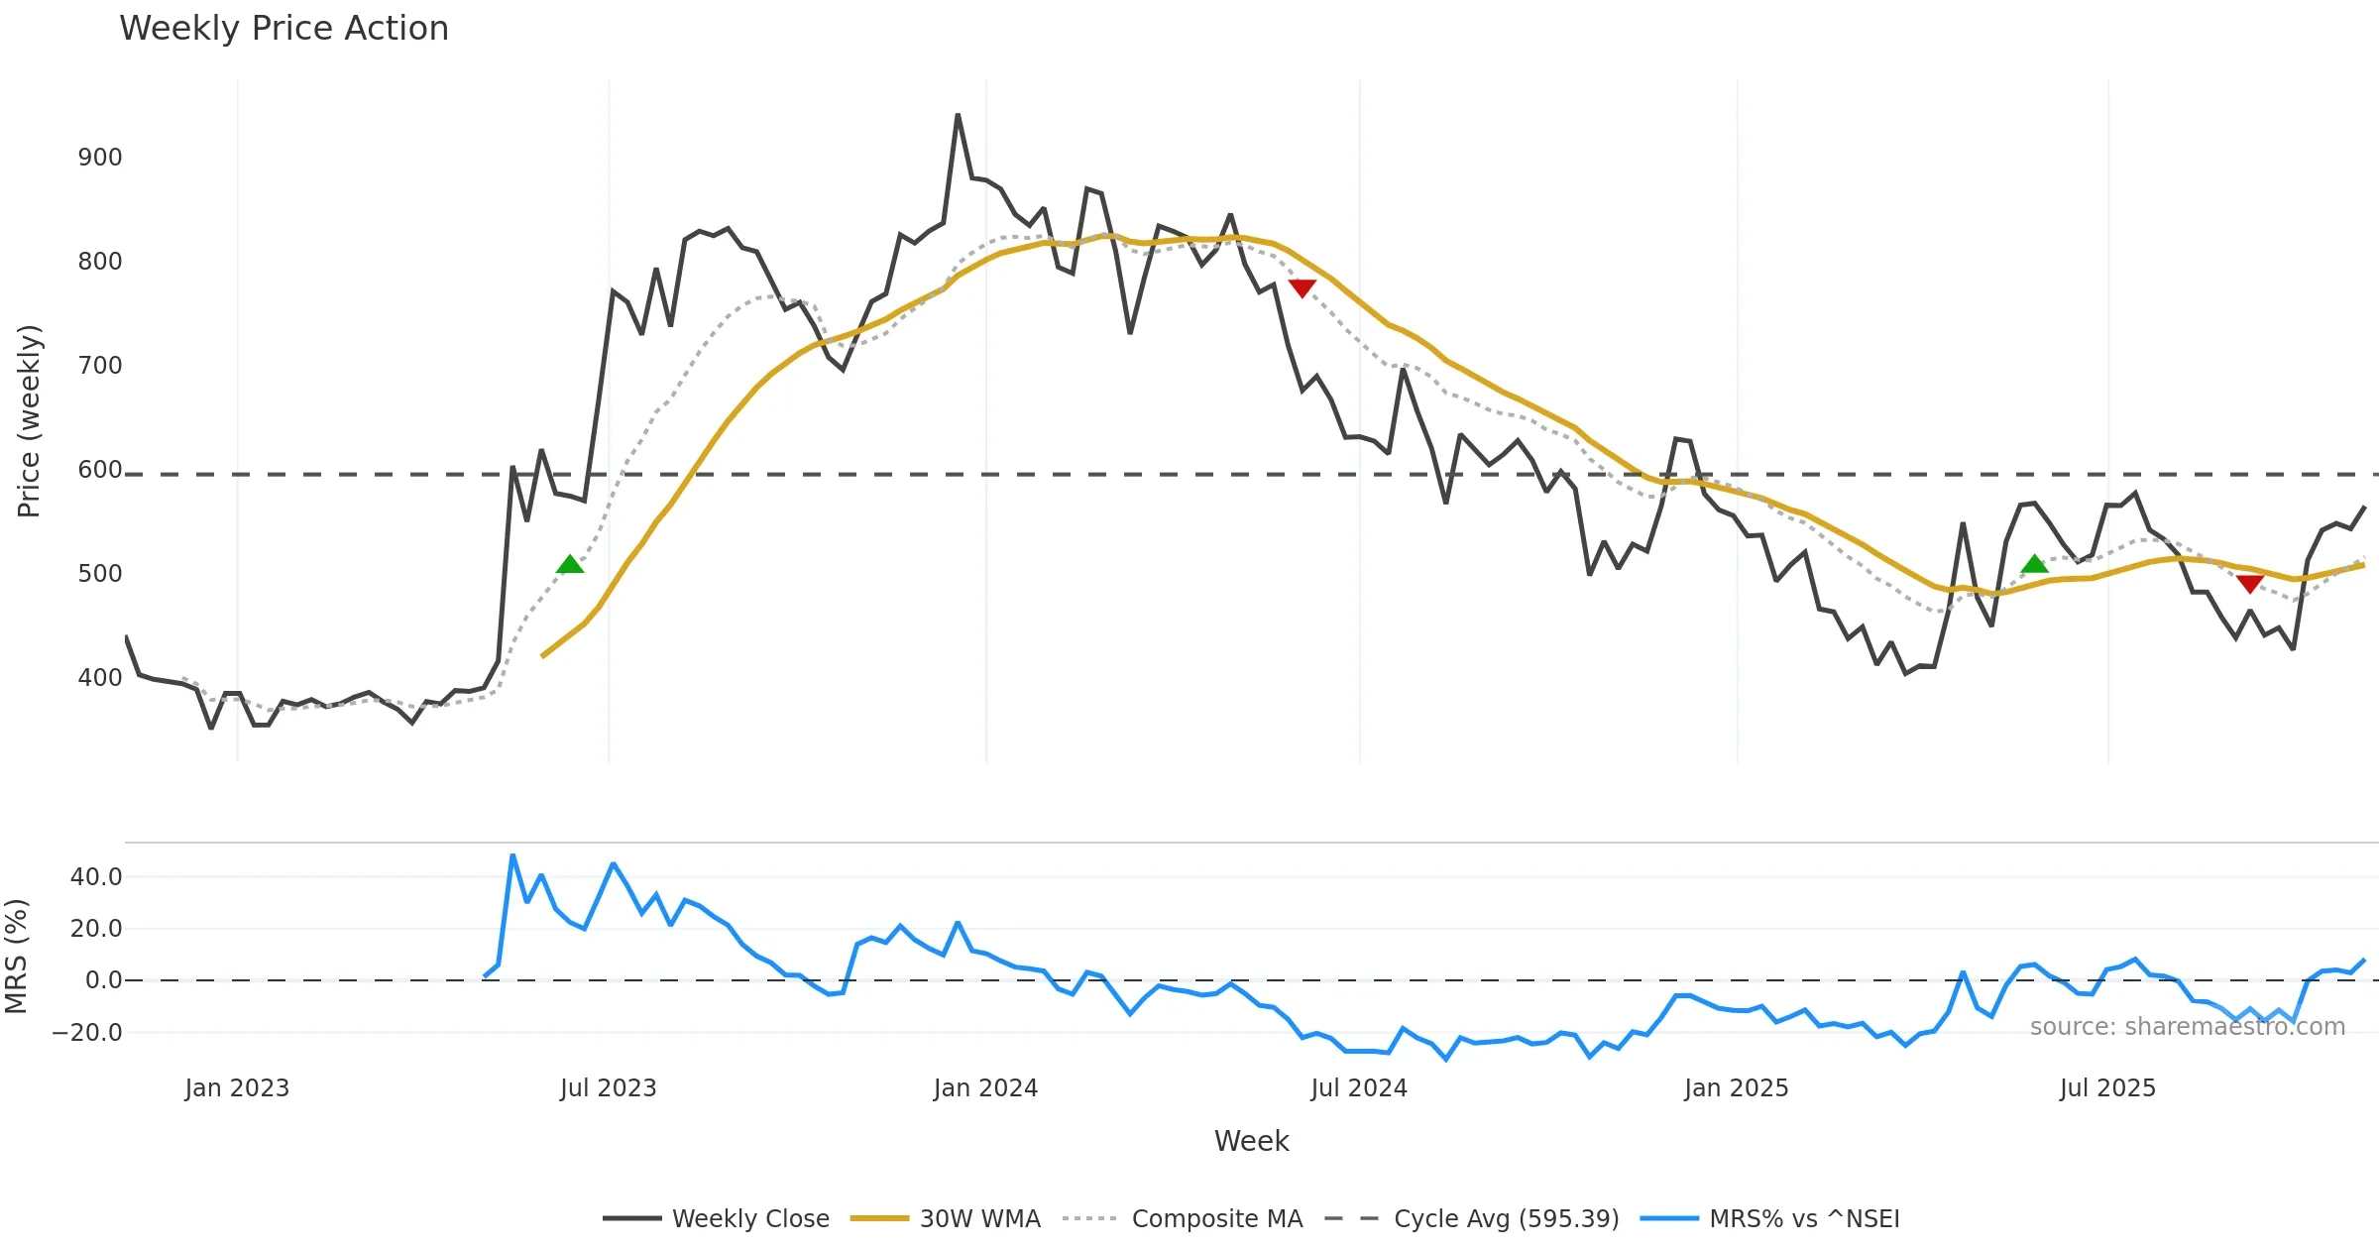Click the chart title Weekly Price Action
(283, 29)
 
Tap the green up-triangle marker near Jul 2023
(570, 565)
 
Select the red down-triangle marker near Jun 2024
(1302, 287)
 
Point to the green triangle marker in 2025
(2034, 564)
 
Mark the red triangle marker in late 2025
(2249, 583)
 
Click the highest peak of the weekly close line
(958, 115)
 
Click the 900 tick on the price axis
(100, 158)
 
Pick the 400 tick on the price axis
(100, 678)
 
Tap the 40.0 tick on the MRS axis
(96, 876)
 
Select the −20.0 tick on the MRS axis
(87, 1032)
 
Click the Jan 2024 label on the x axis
(985, 1088)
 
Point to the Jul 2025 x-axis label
(2107, 1088)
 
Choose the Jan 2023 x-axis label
(237, 1088)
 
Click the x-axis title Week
(1251, 1141)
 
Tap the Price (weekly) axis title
(29, 421)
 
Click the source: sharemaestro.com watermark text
(2187, 1027)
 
